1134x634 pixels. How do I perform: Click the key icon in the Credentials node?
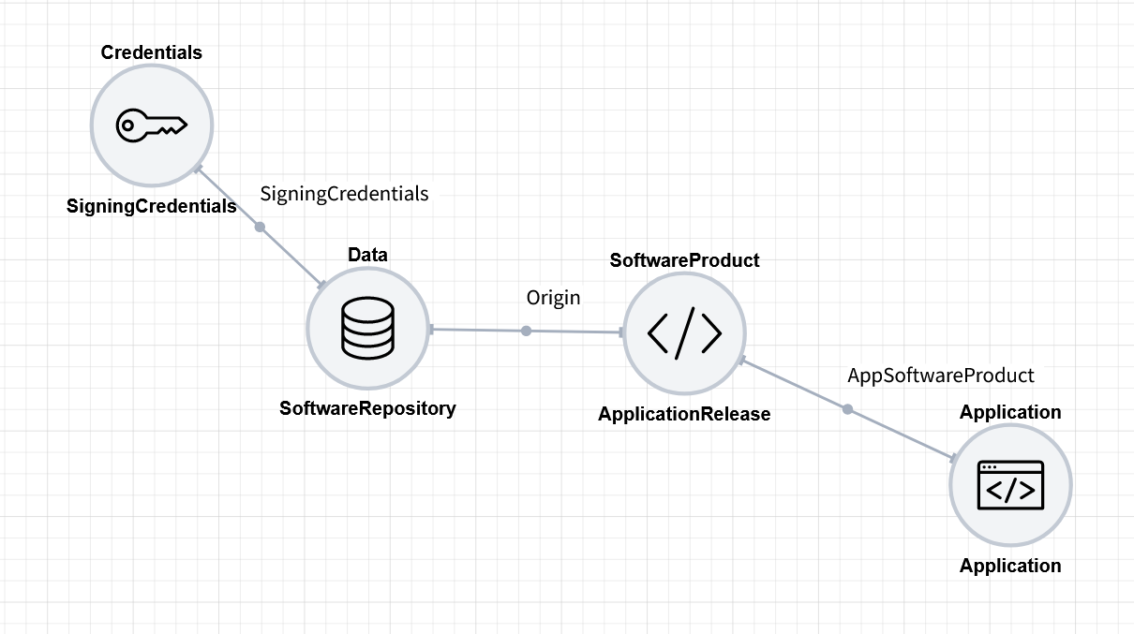(152, 125)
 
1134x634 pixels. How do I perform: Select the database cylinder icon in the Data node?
(367, 330)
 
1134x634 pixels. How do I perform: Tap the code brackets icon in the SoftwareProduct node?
(685, 332)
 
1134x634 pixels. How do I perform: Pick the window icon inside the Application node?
(1010, 485)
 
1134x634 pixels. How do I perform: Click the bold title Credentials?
(152, 52)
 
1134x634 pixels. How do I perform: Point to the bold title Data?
(367, 255)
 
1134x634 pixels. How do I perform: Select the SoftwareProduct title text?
(685, 260)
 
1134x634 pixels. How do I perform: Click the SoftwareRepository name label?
(367, 408)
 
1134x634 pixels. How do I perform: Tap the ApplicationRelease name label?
(684, 414)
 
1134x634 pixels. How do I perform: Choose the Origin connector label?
(553, 298)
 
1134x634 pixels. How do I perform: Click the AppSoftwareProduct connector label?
(941, 376)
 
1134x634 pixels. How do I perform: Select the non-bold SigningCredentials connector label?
(344, 194)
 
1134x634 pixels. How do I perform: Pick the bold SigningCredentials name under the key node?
(152, 206)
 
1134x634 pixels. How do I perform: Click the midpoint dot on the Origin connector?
(527, 331)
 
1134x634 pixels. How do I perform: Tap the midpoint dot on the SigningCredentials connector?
(261, 227)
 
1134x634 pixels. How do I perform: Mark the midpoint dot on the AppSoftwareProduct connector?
(847, 409)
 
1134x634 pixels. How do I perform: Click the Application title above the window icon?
(1010, 412)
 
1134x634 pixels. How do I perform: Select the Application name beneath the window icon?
(1010, 566)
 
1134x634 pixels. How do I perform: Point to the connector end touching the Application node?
(954, 459)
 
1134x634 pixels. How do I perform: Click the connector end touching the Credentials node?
(198, 170)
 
